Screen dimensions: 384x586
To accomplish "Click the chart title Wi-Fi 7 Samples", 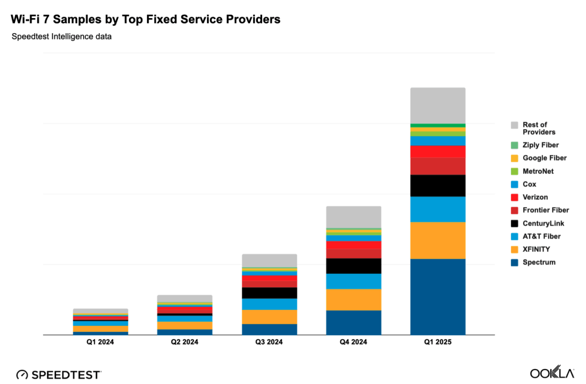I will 146,19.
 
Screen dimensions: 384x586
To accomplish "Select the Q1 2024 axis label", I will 101,342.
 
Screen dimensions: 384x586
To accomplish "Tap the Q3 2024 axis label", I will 269,342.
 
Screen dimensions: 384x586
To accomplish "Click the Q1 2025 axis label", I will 438,342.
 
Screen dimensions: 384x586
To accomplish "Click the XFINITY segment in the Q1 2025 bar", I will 438,240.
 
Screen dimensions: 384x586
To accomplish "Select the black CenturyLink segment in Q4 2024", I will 354,266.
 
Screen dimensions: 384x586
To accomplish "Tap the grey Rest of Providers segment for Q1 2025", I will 438,106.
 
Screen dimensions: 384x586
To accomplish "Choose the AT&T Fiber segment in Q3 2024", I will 269,304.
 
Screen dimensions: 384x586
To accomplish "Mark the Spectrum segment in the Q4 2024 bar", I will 354,322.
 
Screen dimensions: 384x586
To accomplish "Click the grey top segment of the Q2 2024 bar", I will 185,298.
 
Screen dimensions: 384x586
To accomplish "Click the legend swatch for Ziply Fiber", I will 514,145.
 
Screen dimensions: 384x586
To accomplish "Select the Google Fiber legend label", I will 544,158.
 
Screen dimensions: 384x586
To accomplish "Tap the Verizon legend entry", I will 535,197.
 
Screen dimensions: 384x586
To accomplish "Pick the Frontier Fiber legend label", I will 545,210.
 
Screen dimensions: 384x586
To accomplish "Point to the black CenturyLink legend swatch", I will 514,223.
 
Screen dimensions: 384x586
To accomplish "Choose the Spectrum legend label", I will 539,262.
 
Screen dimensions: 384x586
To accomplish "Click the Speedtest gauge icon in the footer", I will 22,374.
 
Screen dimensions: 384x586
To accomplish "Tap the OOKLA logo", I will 552,373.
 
